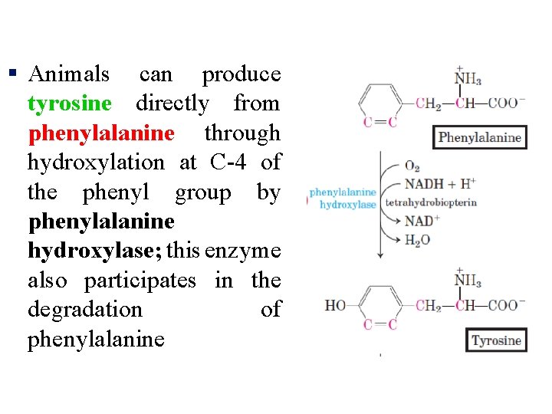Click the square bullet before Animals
12,74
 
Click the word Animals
69,74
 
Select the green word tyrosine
69,103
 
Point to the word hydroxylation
96,163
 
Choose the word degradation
85,310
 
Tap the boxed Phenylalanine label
479,138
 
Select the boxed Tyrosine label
496,340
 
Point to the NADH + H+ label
439,184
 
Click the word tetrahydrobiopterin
431,202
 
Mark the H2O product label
417,241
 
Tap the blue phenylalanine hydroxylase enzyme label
343,199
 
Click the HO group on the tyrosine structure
336,306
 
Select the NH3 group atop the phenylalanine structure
467,79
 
